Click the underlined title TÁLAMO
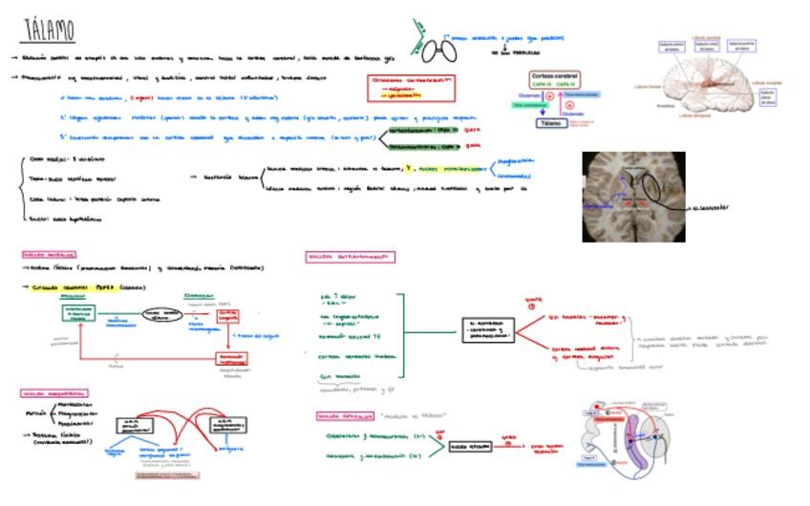coord(49,31)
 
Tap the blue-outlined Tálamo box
coord(550,123)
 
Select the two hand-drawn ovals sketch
coord(440,49)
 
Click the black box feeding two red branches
coord(487,330)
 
